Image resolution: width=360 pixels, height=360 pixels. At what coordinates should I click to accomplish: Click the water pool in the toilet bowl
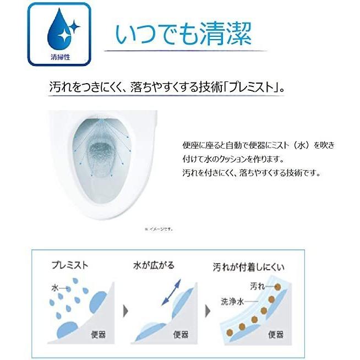101,152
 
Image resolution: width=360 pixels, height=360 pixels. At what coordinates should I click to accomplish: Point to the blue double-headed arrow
173,292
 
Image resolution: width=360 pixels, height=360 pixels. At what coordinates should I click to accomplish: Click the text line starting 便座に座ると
258,145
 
